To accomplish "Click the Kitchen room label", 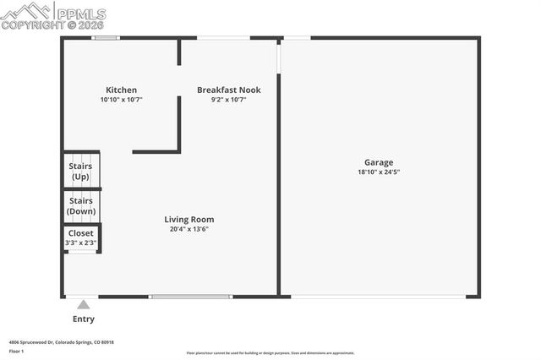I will [x=121, y=90].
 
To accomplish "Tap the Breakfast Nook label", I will [x=228, y=90].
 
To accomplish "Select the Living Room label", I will [x=189, y=220].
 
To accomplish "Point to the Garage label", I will [x=379, y=162].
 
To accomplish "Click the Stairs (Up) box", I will [x=81, y=172].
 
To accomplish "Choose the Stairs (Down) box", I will [x=81, y=206].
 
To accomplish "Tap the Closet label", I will [x=81, y=233].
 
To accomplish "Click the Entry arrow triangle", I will [x=83, y=304].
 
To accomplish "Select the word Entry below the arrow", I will [x=84, y=319].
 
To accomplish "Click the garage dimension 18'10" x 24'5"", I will [x=379, y=172].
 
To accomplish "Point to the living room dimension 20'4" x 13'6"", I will [x=189, y=229].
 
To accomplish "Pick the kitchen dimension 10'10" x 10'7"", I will [x=121, y=100].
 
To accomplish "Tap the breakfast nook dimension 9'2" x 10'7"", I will [x=228, y=100].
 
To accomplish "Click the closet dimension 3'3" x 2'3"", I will [x=81, y=243].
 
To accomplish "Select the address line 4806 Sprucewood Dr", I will [x=61, y=342].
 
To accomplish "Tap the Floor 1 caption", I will [x=16, y=351].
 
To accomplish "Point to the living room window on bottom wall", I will [x=190, y=296].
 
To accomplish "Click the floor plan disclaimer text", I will [x=270, y=353].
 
